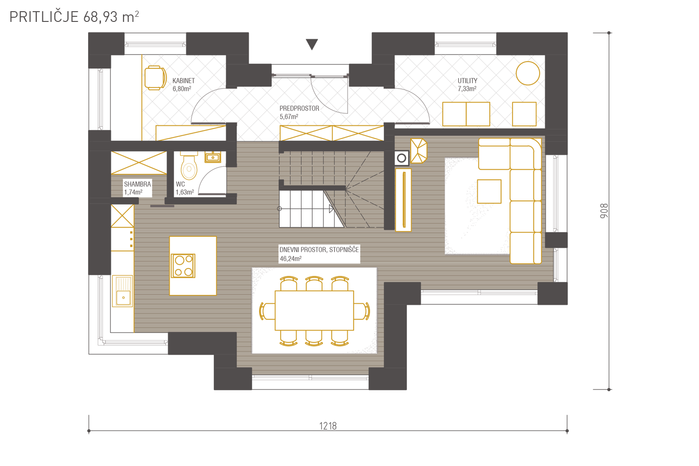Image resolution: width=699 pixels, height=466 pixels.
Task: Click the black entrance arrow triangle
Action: [x=312, y=44]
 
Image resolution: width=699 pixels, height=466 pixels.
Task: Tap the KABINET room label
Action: [x=184, y=81]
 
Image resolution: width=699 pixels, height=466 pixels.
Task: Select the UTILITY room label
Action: [x=467, y=81]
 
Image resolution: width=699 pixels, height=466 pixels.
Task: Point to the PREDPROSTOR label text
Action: [x=299, y=108]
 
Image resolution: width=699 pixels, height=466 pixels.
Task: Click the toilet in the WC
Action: [x=189, y=165]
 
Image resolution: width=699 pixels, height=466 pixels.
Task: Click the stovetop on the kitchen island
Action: [x=183, y=266]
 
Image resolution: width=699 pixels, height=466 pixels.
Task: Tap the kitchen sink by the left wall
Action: [x=123, y=291]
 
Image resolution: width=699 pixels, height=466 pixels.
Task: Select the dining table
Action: [x=314, y=310]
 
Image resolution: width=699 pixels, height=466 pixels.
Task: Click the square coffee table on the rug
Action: [x=489, y=192]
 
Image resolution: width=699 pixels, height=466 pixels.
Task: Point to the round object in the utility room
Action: [x=528, y=73]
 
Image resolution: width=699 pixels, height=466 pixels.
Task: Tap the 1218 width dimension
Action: [x=328, y=426]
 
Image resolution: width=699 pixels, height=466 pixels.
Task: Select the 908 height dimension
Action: [x=604, y=211]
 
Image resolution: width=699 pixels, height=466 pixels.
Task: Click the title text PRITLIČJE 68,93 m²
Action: [x=74, y=17]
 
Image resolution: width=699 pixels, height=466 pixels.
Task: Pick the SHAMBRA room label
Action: [x=137, y=184]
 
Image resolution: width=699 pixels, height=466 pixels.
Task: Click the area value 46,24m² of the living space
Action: [x=290, y=259]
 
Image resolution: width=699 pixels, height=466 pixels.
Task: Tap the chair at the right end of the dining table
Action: [x=362, y=311]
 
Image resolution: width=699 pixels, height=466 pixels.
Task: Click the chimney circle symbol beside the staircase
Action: [x=402, y=158]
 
